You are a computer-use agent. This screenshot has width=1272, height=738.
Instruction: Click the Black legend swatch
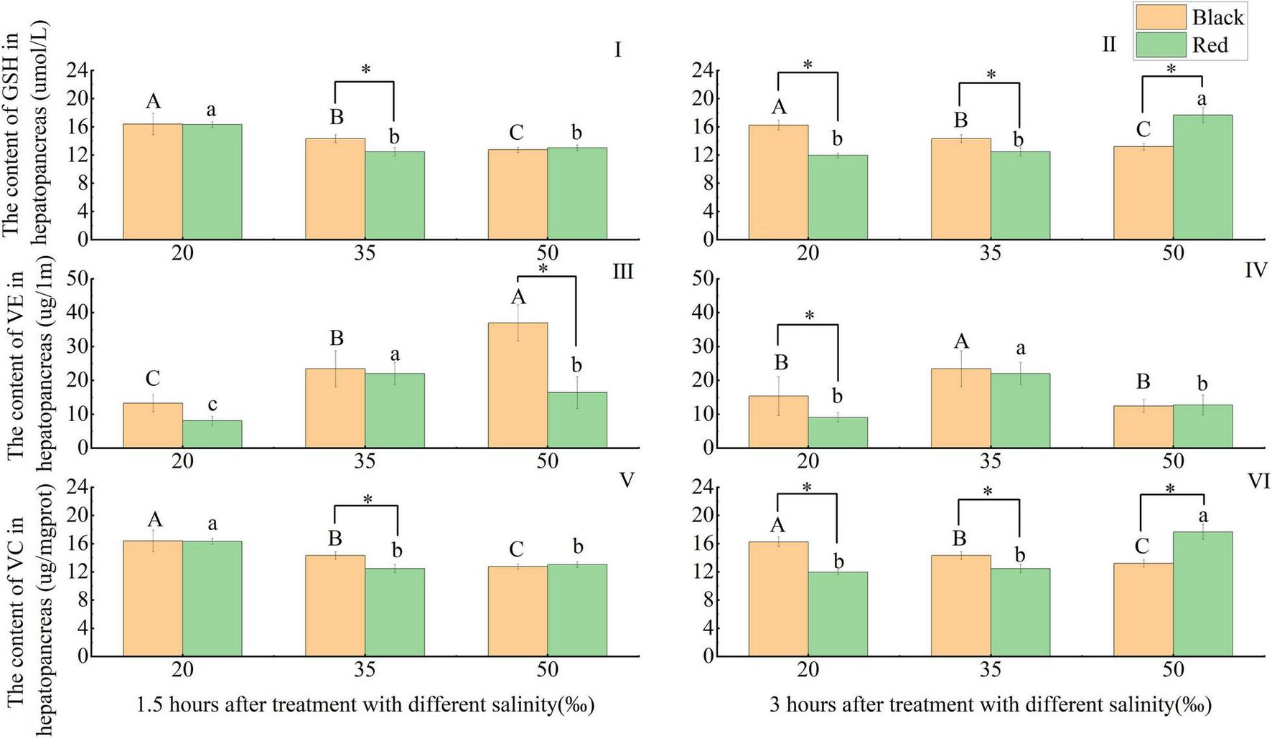[1158, 16]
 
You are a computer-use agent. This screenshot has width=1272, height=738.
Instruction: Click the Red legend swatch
[1158, 45]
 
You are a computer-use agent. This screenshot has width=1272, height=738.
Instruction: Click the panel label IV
[1256, 270]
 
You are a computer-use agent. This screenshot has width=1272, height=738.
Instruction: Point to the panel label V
[626, 479]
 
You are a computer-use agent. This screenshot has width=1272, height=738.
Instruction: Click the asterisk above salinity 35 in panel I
[365, 70]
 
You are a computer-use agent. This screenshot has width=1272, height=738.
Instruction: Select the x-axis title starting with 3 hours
[991, 705]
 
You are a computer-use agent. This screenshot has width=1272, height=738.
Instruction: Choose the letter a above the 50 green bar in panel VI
[1203, 516]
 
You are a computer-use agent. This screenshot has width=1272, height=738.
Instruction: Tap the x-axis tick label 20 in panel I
[182, 253]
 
